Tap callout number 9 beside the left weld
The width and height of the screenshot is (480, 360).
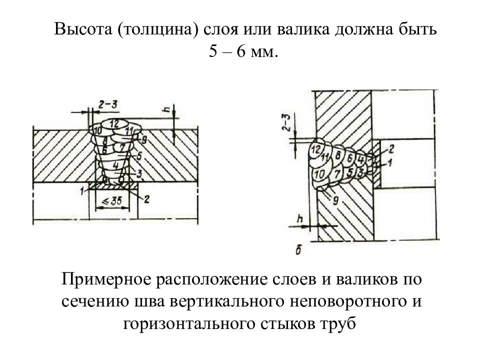[x=143, y=139]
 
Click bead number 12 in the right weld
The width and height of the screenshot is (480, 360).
[x=315, y=149]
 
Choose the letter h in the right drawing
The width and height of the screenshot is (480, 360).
[x=300, y=218]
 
